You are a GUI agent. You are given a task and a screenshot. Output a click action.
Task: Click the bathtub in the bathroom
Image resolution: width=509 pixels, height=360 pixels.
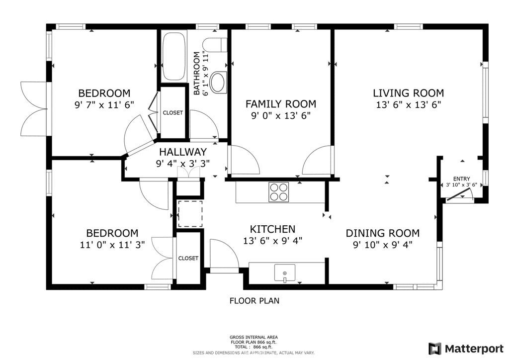tap(173, 56)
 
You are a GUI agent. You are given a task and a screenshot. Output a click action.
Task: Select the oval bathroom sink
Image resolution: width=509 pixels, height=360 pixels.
tap(218, 83)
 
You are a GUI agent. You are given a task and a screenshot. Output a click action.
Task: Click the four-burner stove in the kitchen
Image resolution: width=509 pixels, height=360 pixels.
tap(278, 192)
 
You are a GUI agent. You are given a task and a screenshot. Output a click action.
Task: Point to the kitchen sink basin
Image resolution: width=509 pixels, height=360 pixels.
tap(285, 272)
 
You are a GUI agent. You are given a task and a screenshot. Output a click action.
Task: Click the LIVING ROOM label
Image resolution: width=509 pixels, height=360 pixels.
tap(409, 93)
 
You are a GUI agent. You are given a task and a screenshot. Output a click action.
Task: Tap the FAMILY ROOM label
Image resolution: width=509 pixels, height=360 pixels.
tap(281, 104)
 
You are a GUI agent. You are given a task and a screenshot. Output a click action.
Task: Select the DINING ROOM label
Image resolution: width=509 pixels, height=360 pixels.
tap(383, 233)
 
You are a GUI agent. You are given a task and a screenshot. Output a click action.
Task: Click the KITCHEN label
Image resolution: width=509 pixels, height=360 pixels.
tap(273, 229)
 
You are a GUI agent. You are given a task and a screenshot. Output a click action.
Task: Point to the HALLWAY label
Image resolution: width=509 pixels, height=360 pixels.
tap(183, 152)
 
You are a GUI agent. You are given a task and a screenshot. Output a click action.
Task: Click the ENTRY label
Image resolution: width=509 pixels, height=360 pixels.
tap(462, 179)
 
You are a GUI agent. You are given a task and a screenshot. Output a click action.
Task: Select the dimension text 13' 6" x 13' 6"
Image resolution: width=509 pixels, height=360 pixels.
tap(409, 105)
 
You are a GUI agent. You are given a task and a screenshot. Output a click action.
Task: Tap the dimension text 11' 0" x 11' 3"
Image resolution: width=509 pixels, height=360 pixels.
tap(112, 245)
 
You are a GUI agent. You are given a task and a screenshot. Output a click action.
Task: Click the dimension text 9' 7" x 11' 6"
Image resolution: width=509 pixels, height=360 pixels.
tap(104, 105)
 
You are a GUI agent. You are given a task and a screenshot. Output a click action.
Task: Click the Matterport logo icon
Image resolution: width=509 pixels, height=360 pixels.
tap(435, 349)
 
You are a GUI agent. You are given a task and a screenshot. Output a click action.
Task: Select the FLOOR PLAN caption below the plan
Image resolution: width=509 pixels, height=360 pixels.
tap(254, 301)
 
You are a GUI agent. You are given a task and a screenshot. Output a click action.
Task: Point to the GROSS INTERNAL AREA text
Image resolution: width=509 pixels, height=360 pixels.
tap(254, 337)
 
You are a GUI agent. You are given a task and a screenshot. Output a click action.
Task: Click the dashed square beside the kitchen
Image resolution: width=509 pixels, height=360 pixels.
tap(190, 214)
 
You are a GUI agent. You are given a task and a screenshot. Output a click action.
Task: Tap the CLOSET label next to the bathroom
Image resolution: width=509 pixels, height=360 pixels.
tap(172, 113)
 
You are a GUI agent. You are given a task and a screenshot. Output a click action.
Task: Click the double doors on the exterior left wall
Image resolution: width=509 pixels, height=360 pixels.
tap(34, 109)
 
